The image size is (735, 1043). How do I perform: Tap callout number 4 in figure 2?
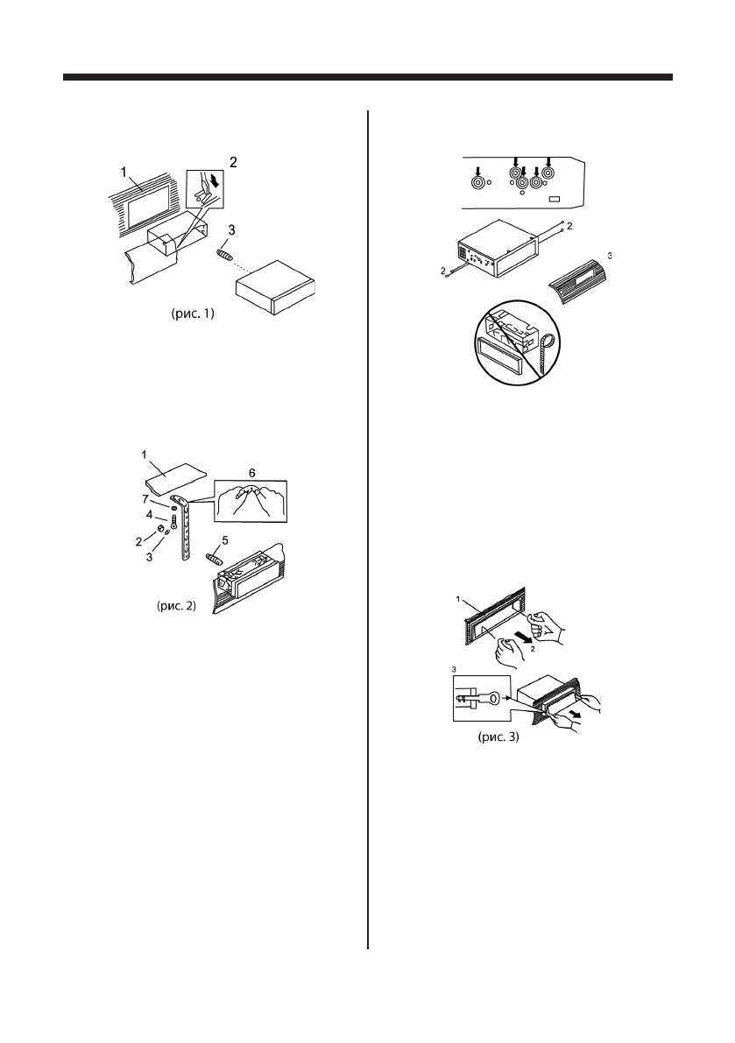tap(150, 515)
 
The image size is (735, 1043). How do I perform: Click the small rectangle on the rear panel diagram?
tap(554, 200)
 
